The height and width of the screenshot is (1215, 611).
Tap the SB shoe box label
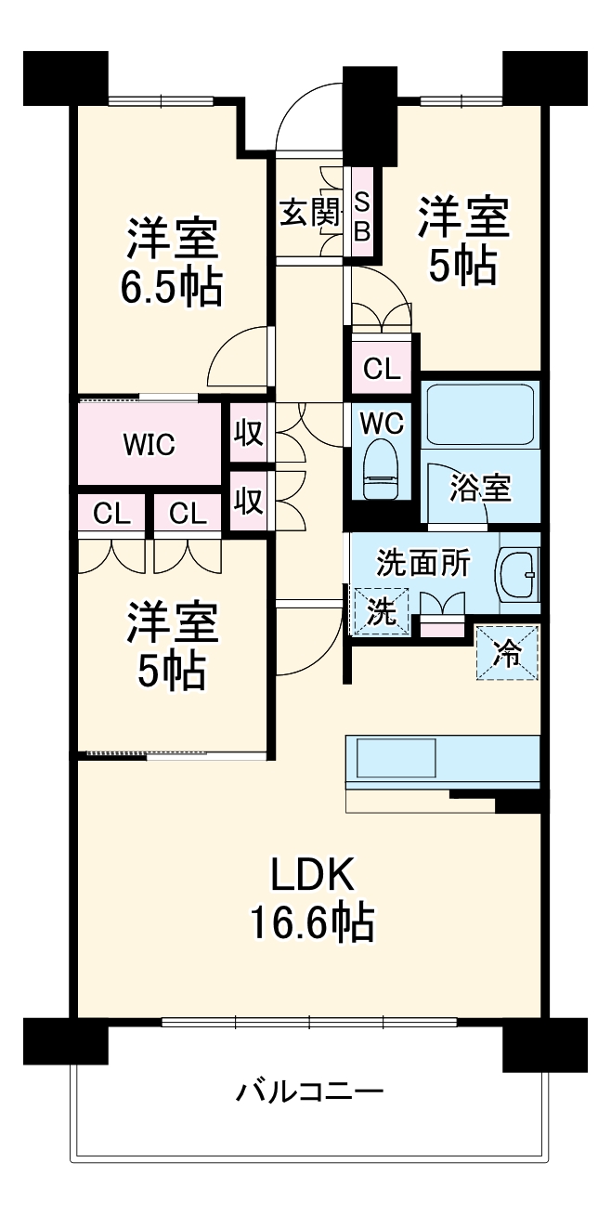[361, 215]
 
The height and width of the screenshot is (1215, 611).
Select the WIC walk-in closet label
[150, 444]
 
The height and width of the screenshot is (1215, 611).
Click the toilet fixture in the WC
[382, 470]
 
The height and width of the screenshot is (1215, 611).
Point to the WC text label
[382, 423]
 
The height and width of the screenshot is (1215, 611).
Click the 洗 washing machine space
[380, 612]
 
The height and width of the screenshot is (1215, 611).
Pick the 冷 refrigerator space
[507, 652]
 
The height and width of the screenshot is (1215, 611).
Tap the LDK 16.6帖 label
[311, 898]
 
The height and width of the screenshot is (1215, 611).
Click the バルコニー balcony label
[308, 1090]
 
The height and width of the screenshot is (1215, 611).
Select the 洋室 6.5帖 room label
[172, 263]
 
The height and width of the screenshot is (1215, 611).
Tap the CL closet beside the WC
[382, 369]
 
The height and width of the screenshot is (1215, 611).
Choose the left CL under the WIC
[110, 512]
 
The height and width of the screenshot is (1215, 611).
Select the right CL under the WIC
[187, 512]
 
